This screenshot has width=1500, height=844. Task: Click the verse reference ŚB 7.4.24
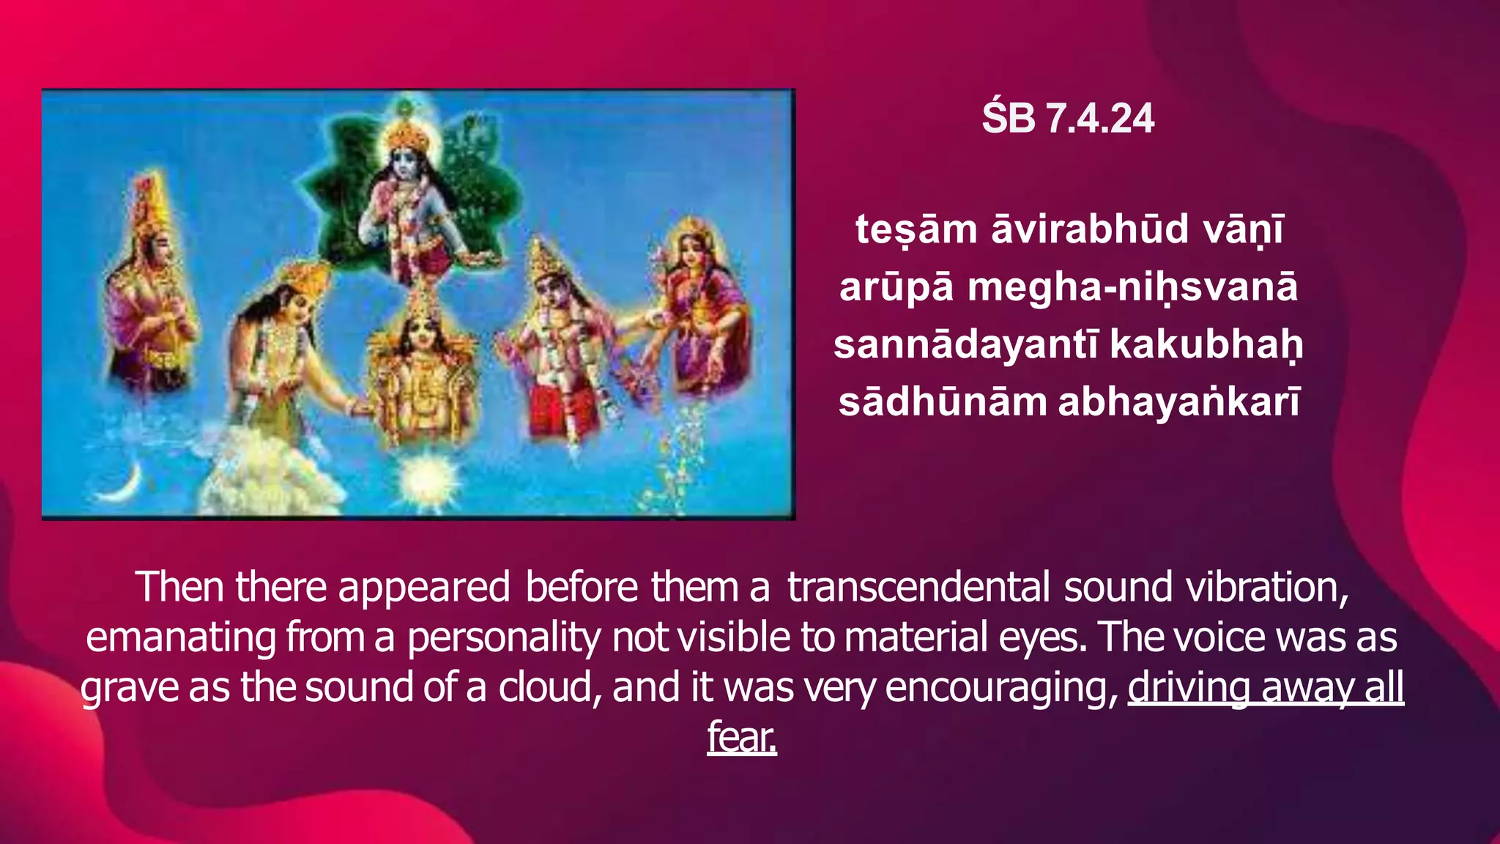click(1068, 119)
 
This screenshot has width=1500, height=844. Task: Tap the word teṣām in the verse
click(916, 229)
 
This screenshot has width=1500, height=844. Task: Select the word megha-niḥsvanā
click(1132, 287)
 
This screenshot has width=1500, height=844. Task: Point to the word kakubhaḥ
click(1206, 344)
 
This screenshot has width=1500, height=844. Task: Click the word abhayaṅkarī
click(1179, 402)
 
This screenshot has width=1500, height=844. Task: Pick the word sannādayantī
click(965, 344)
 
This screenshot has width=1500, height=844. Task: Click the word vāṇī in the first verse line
click(1244, 229)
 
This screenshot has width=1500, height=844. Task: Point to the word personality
click(503, 637)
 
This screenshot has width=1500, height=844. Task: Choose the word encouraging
click(1001, 687)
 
